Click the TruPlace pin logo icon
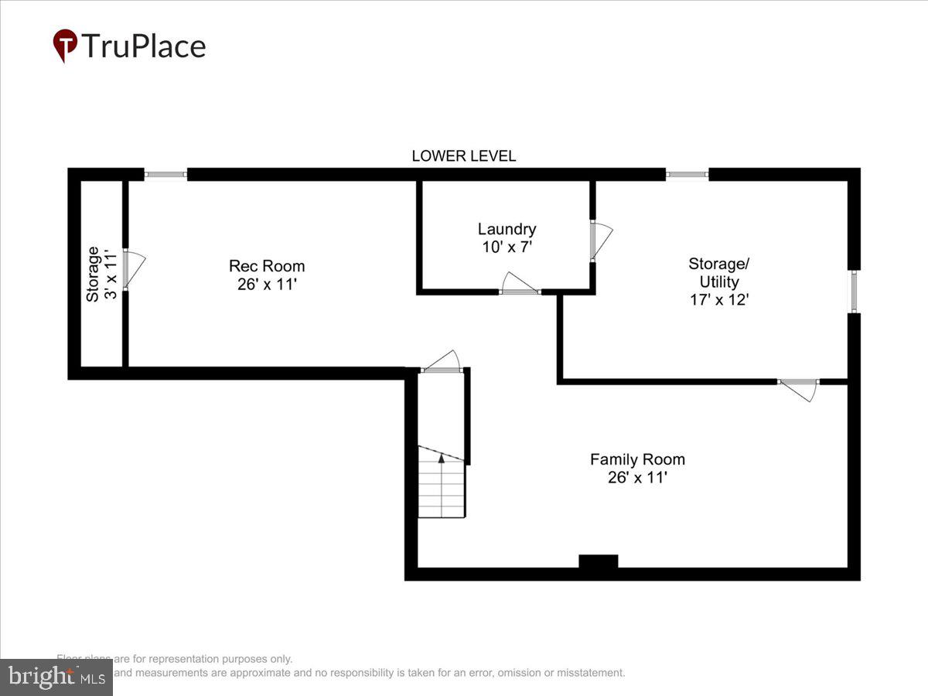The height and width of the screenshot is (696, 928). pyautogui.click(x=65, y=46)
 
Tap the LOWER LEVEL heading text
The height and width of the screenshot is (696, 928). pyautogui.click(x=463, y=156)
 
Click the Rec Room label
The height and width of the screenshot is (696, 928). pyautogui.click(x=267, y=266)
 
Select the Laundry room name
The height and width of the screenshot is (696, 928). pyautogui.click(x=507, y=229)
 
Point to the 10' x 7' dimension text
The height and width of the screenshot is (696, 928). pyautogui.click(x=507, y=247)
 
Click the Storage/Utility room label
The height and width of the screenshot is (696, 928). pyautogui.click(x=718, y=272)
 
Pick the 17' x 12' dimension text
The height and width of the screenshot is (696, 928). pyautogui.click(x=718, y=299)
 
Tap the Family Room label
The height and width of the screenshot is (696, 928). pyautogui.click(x=637, y=459)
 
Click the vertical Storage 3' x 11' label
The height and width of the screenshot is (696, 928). pyautogui.click(x=101, y=275)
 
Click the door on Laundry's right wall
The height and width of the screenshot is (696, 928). pyautogui.click(x=600, y=241)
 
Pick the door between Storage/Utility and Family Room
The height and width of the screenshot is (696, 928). pyautogui.click(x=798, y=388)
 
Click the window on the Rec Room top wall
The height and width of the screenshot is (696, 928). pyautogui.click(x=165, y=175)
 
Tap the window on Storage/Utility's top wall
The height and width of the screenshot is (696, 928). pyautogui.click(x=687, y=175)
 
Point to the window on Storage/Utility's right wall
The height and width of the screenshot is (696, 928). pyautogui.click(x=854, y=292)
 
